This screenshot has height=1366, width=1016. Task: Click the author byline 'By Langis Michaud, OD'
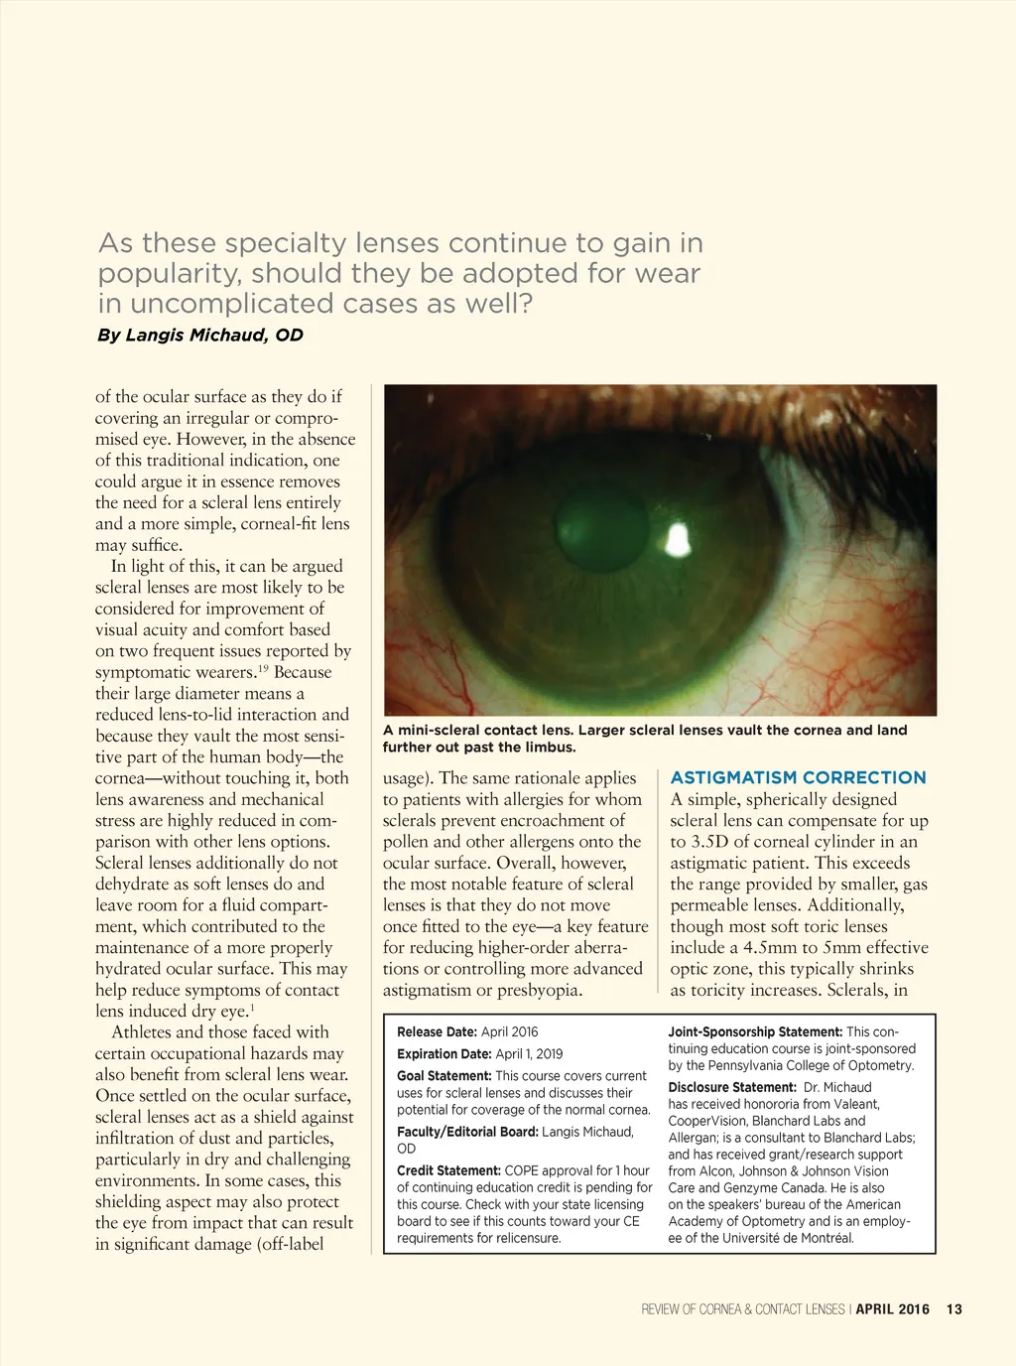[x=200, y=335]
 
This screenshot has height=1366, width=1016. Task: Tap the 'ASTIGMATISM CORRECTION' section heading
[x=798, y=777]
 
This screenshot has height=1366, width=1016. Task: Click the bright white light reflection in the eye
[x=678, y=539]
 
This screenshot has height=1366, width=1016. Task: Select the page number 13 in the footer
[x=953, y=1309]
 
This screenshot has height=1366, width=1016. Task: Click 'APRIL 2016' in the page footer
[x=892, y=1309]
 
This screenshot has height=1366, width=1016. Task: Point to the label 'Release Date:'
[x=437, y=1032]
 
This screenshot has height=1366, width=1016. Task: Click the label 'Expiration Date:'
[x=444, y=1054]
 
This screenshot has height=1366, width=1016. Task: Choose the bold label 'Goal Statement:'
[x=444, y=1076]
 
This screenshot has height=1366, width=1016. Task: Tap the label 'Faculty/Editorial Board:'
[x=467, y=1132]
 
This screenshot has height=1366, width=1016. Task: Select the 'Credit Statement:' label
[x=448, y=1171]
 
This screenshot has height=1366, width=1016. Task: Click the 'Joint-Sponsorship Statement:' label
[x=755, y=1032]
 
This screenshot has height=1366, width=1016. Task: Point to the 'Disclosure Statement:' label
[x=732, y=1088]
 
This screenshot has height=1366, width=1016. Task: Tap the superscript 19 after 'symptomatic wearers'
[x=264, y=668]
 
